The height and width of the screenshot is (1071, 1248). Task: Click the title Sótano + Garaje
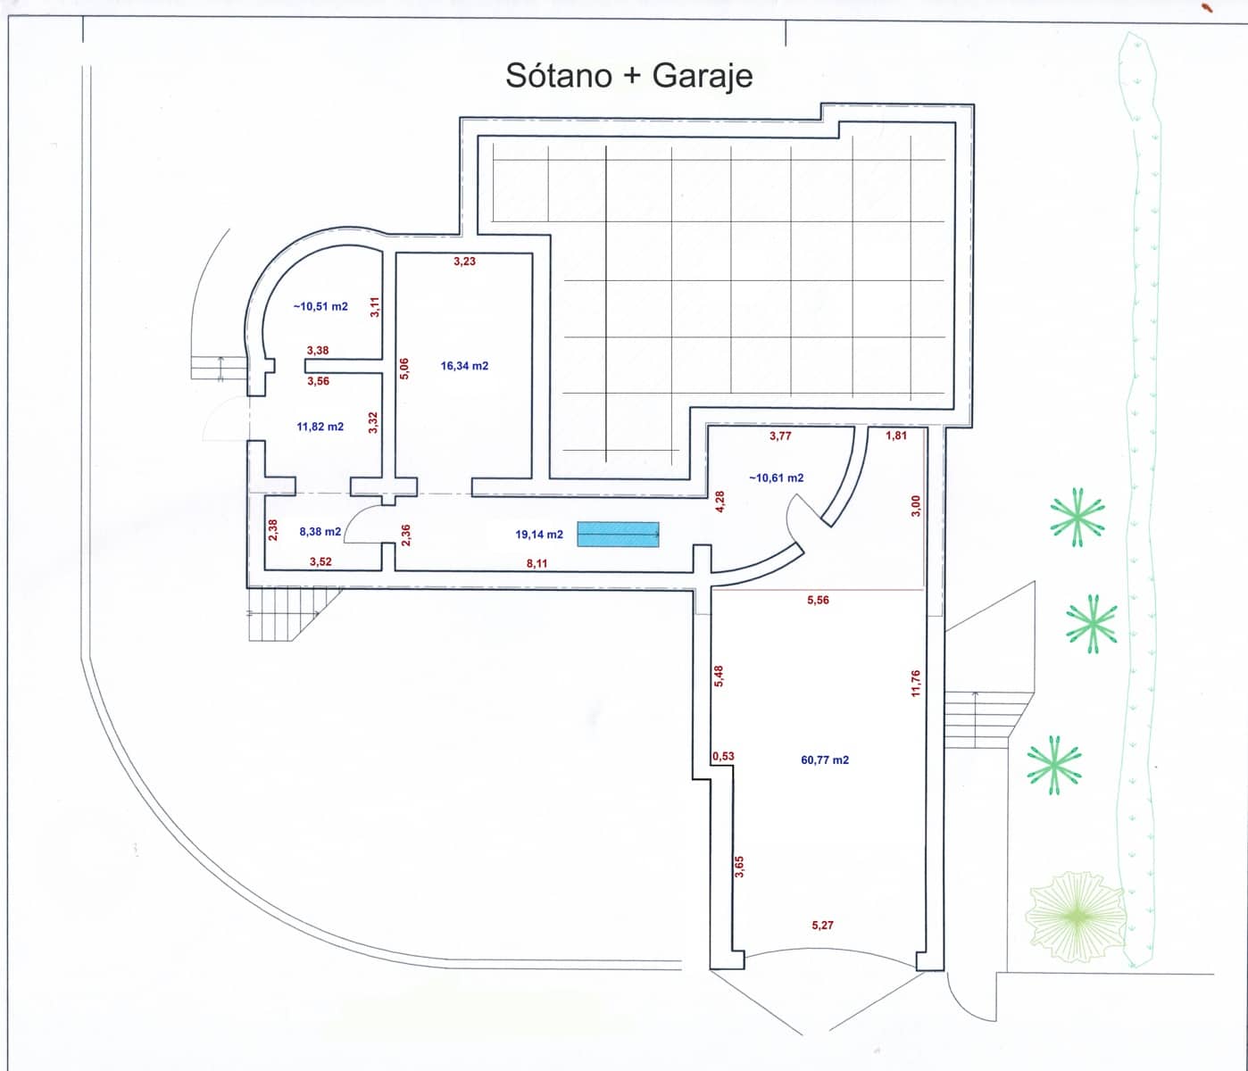[x=628, y=76]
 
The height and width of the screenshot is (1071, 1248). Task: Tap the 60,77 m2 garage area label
[x=825, y=760]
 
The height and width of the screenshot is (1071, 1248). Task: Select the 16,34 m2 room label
[x=464, y=366]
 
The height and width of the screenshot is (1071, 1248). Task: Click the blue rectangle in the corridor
[x=618, y=534]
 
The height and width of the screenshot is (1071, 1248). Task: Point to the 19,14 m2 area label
[x=539, y=535]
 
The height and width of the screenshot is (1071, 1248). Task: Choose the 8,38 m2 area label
[x=320, y=532]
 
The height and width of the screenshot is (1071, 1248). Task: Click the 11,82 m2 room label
[x=320, y=427]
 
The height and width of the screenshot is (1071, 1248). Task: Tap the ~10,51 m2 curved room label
[x=320, y=306]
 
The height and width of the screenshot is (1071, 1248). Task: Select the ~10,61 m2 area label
[x=776, y=478]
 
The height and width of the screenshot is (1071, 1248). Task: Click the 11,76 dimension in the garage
[x=915, y=683]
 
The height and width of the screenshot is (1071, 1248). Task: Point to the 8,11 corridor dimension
[x=537, y=564]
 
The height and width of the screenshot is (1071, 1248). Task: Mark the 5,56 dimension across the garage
[x=818, y=601]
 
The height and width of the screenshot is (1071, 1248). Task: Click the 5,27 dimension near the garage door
[x=822, y=926]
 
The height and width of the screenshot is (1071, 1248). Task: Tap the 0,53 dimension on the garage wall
[x=723, y=757]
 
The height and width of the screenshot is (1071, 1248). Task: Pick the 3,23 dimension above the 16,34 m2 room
[x=464, y=262]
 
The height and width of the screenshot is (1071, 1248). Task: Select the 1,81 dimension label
[x=895, y=436]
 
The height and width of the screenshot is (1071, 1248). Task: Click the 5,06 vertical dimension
[x=404, y=369]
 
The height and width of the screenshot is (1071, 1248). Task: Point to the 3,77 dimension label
[x=780, y=436]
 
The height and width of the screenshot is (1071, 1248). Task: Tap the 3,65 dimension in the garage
[x=739, y=867]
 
